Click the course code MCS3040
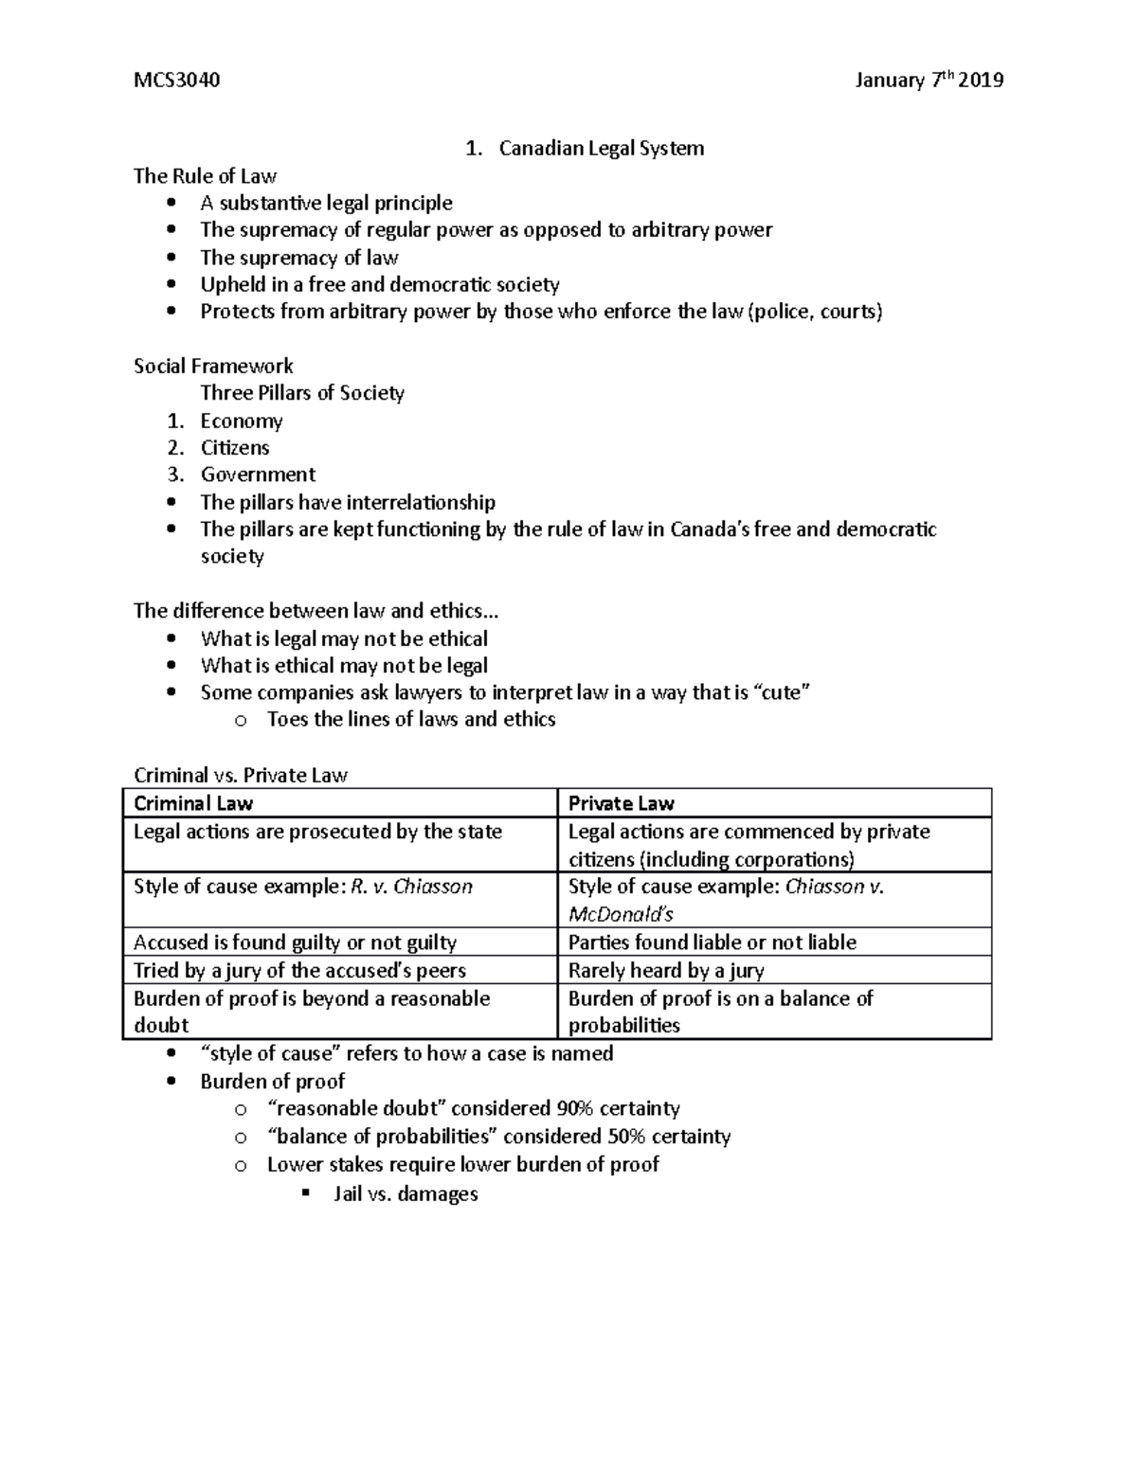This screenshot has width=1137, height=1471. pyautogui.click(x=177, y=80)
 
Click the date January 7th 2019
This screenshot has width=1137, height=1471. pyautogui.click(x=928, y=80)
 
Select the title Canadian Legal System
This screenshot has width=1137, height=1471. pyautogui.click(x=601, y=149)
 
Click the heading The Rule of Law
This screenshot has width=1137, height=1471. pyautogui.click(x=205, y=176)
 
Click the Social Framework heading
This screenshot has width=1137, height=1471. pyautogui.click(x=213, y=366)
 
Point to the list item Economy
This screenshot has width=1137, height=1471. pyautogui.click(x=242, y=421)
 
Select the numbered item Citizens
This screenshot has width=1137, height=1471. pyautogui.click(x=235, y=447)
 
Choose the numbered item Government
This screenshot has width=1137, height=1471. pyautogui.click(x=258, y=475)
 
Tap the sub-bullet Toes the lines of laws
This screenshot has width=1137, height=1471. pyautogui.click(x=411, y=720)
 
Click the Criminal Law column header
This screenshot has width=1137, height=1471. pyautogui.click(x=193, y=804)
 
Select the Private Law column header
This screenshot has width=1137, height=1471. pyautogui.click(x=621, y=804)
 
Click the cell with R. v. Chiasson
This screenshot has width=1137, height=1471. pyautogui.click(x=303, y=887)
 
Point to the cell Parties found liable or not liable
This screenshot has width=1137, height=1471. pyautogui.click(x=712, y=942)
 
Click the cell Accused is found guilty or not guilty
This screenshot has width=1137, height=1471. pyautogui.click(x=295, y=942)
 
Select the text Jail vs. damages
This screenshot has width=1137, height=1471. pyautogui.click(x=406, y=1193)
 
